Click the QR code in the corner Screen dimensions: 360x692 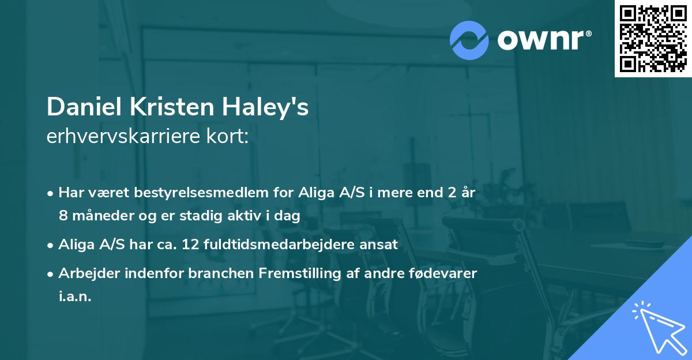[x=653, y=39]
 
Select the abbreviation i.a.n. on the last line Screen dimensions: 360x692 [x=75, y=296]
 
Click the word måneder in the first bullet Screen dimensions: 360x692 [x=97, y=215]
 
